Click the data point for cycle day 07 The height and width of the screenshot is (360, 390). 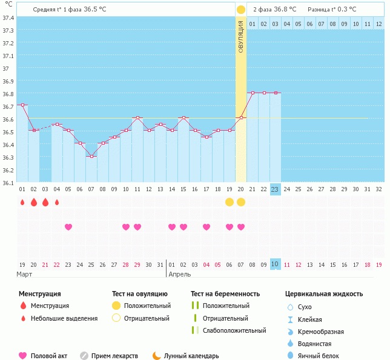tap(91, 156)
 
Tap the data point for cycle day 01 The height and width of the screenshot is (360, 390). tap(22, 105)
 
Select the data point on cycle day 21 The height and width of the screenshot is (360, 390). tap(252, 93)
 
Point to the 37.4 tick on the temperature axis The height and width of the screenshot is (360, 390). tap(8, 18)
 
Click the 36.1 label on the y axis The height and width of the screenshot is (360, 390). tap(8, 182)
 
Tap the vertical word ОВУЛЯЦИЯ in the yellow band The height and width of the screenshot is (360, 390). tap(241, 37)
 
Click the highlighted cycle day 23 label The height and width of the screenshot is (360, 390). tap(275, 189)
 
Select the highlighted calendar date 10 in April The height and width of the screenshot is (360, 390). tap(275, 264)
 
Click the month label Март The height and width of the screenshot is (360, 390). tap(25, 274)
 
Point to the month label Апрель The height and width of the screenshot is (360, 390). tap(179, 274)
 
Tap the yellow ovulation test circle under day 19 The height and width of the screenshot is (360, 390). tap(229, 202)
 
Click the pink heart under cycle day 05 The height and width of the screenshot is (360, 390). tap(68, 227)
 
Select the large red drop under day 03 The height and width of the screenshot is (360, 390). tap(45, 202)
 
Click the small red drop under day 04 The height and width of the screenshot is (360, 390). tap(57, 202)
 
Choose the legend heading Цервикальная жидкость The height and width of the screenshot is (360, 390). tap(324, 294)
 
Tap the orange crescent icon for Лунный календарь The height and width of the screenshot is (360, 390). tap(157, 356)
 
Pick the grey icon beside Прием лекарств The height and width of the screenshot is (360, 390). tap(84, 356)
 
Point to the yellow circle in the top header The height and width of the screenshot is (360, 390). tap(241, 10)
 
